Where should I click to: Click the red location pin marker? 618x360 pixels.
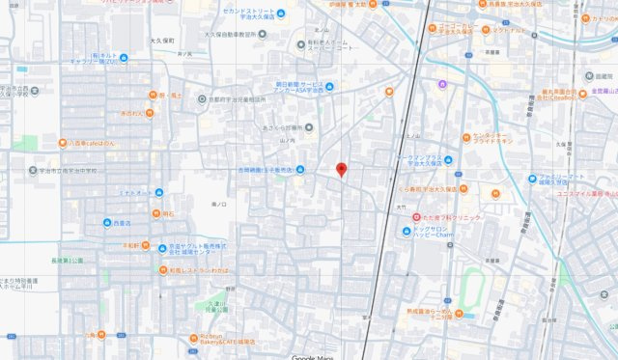click(x=341, y=170)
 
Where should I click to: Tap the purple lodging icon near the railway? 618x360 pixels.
click(x=442, y=84)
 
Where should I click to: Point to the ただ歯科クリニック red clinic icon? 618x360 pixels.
click(x=416, y=217)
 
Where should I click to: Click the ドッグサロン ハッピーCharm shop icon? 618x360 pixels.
click(x=406, y=230)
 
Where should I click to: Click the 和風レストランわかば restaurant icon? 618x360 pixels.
click(x=163, y=269)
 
